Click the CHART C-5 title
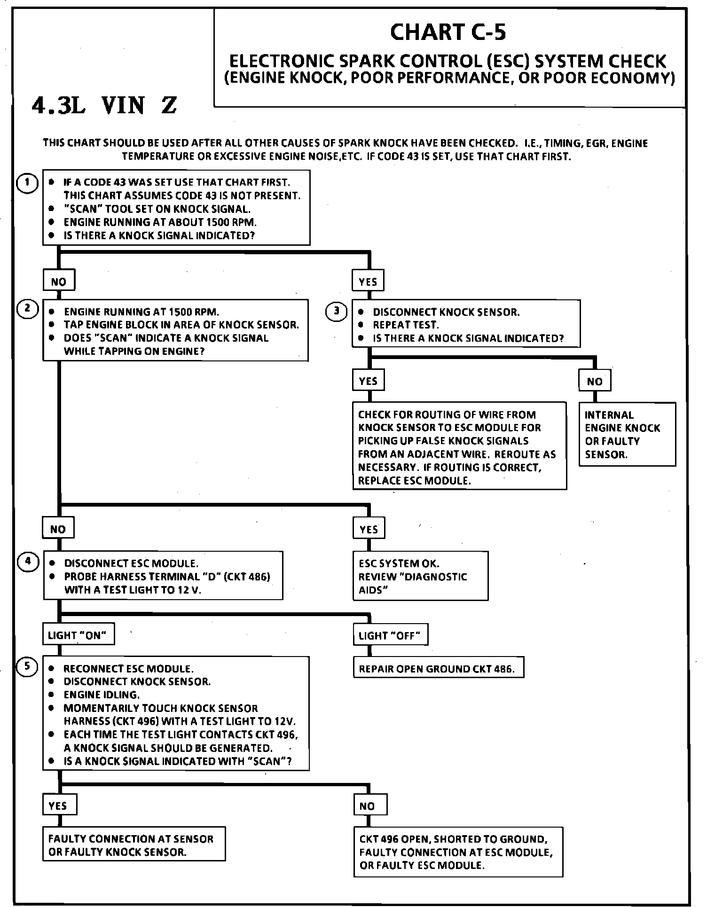point(448,32)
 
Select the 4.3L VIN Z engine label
point(104,106)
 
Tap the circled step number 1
point(27,183)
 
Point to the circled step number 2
point(27,309)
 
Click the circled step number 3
point(336,311)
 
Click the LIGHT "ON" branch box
point(78,635)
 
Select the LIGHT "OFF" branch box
point(390,636)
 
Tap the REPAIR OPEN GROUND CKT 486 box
point(438,669)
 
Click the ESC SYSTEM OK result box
point(420,576)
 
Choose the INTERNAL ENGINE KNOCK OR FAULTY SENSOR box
point(627,434)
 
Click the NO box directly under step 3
point(595,381)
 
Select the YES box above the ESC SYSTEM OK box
point(369,529)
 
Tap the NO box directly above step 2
point(58,281)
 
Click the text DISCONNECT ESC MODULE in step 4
point(131,563)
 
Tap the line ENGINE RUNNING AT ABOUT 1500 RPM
point(160,222)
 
